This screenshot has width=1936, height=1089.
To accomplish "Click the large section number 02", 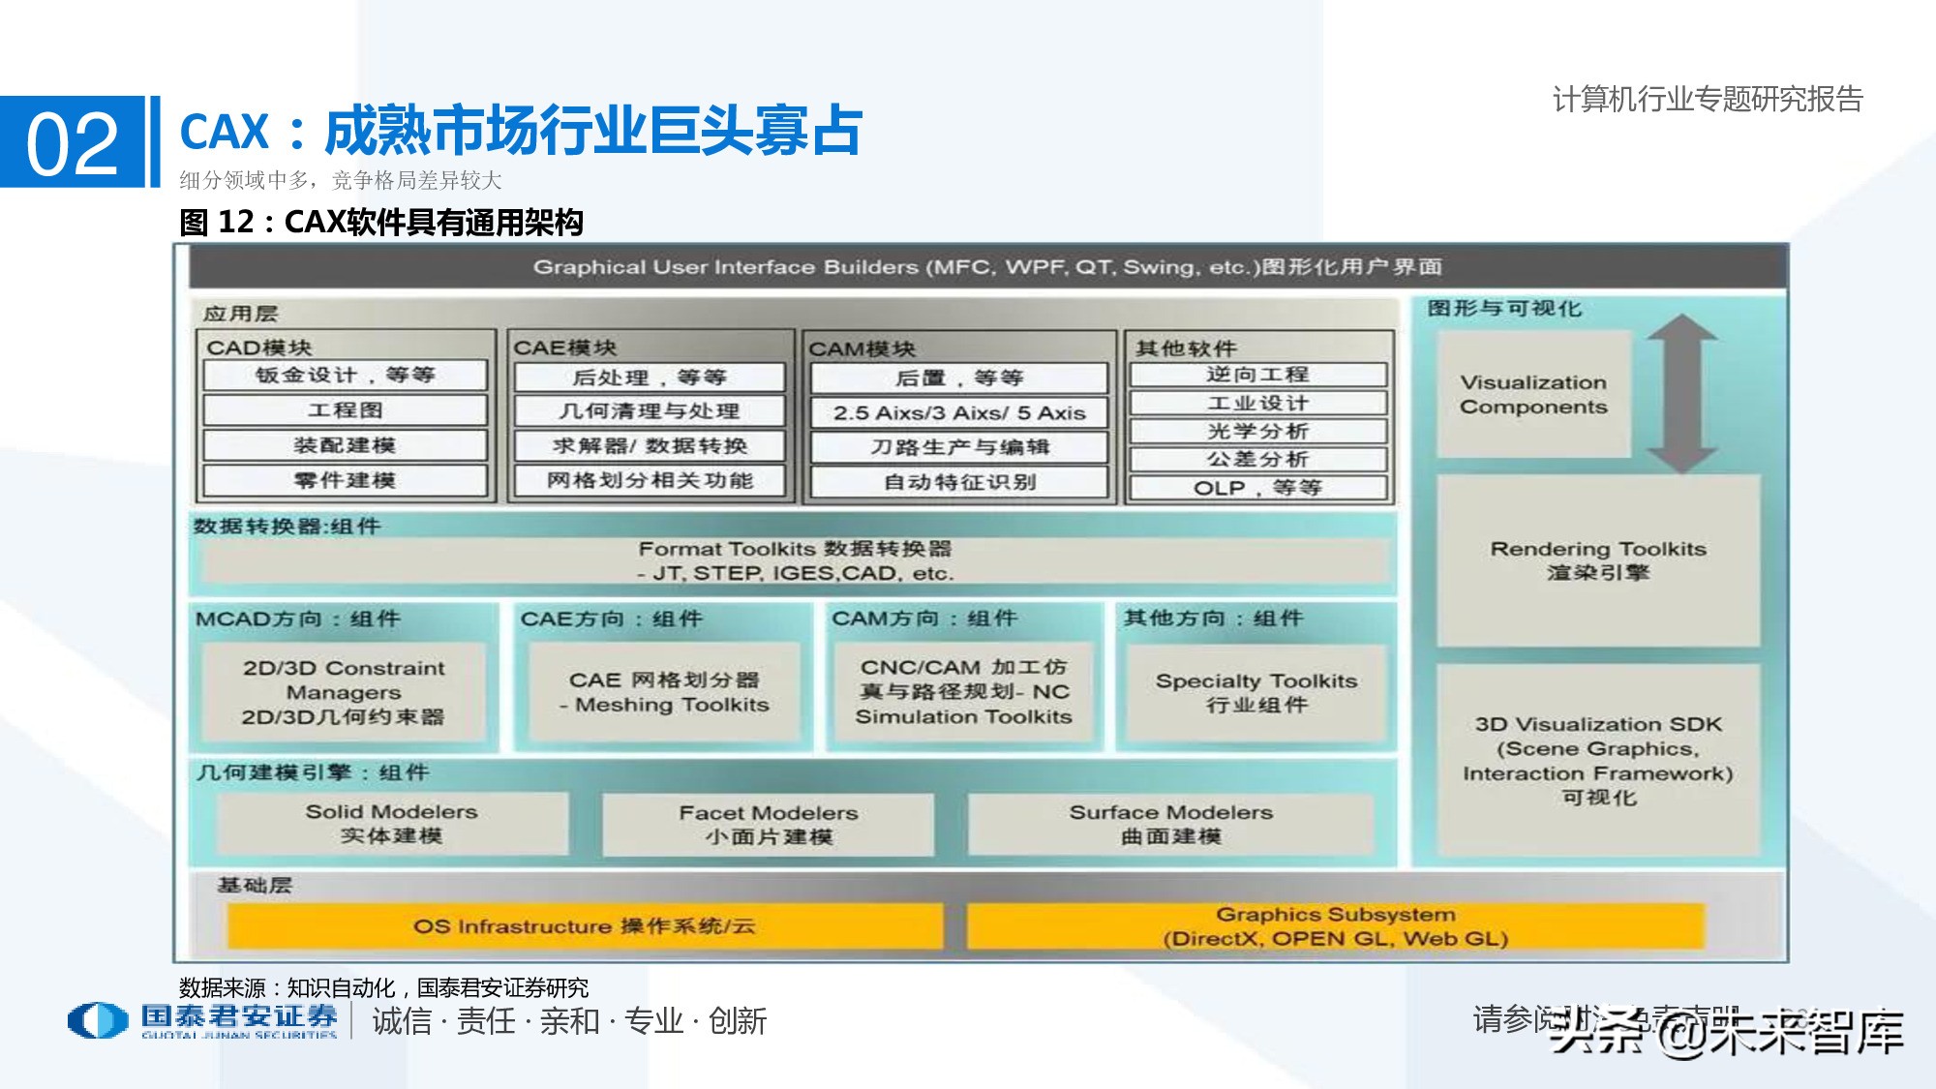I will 73,143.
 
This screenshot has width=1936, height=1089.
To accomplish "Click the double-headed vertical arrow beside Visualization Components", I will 1681,393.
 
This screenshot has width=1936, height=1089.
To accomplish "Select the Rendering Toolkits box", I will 1598,560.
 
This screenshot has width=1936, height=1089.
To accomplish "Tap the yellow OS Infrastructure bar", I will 585,926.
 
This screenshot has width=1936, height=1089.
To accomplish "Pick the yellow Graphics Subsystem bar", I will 1335,926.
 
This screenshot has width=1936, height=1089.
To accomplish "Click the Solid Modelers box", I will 392,824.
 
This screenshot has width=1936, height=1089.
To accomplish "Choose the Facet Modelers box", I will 769,825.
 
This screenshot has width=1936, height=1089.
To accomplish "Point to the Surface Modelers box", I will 1170,824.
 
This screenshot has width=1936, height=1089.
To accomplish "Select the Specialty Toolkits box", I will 1256,693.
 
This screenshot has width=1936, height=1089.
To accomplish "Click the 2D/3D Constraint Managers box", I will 344,692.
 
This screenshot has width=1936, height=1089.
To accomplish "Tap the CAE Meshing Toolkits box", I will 664,692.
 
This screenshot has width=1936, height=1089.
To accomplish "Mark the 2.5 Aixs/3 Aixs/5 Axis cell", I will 959,413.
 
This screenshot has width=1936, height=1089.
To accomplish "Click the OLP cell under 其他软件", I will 1257,488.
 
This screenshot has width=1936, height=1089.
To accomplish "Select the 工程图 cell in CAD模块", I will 345,410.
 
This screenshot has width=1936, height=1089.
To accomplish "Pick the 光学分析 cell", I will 1257,432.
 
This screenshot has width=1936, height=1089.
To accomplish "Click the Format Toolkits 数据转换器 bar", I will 794,560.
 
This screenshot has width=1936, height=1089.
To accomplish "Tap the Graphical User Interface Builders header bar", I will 987,267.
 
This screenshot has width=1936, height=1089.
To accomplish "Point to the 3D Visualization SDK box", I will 1598,761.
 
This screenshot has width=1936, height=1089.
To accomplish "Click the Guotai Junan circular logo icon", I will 98,1020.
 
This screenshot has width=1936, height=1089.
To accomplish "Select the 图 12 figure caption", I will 381,223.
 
